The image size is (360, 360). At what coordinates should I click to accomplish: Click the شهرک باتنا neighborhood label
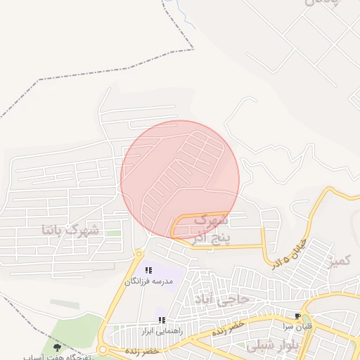tap(71, 230)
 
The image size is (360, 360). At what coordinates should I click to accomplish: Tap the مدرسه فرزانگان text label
tap(148, 281)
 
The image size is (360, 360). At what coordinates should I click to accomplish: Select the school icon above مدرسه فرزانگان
tap(148, 270)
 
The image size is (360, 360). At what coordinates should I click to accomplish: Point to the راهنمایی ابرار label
tap(162, 330)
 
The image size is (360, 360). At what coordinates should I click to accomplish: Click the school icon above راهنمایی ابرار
tap(162, 320)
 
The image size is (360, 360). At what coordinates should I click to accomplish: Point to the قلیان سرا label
tap(298, 327)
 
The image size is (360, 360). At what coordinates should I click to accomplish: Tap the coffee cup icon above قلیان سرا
tap(298, 316)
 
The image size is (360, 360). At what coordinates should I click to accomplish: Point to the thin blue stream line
tap(180, 11)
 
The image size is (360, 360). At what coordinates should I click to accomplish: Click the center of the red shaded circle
tap(180, 179)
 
